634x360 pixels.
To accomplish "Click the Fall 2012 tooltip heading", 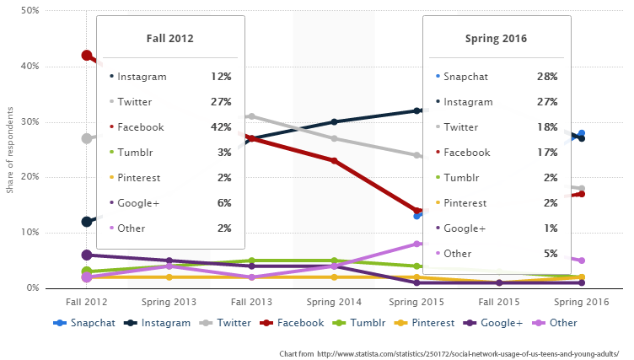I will (x=169, y=39).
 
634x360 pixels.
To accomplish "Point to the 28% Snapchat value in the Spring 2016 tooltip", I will (x=546, y=77).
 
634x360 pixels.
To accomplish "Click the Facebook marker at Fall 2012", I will (x=87, y=56).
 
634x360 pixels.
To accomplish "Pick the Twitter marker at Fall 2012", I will (x=87, y=138).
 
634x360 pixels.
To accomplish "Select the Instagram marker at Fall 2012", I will (x=87, y=222).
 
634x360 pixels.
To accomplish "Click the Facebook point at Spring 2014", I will (x=334, y=160).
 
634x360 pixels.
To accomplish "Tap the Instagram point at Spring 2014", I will (x=334, y=122).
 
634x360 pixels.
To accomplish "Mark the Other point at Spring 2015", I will (x=416, y=244).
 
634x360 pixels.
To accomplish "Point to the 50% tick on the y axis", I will (x=32, y=11).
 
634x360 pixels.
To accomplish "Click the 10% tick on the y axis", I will (x=32, y=233).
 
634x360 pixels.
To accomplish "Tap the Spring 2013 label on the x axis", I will (x=169, y=301).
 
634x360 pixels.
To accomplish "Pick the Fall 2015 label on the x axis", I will (x=499, y=301).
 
